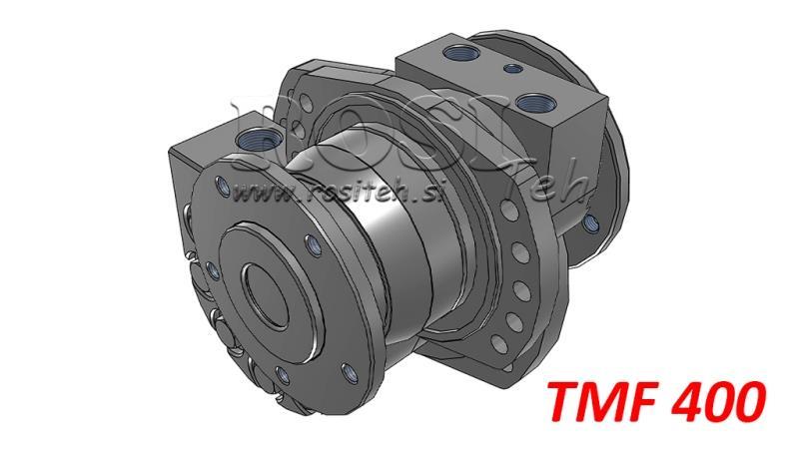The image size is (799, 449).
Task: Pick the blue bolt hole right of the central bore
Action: (x=314, y=244)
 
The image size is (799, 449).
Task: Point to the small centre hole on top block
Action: (x=512, y=69)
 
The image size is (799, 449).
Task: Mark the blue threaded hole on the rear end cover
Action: (x=590, y=222)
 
